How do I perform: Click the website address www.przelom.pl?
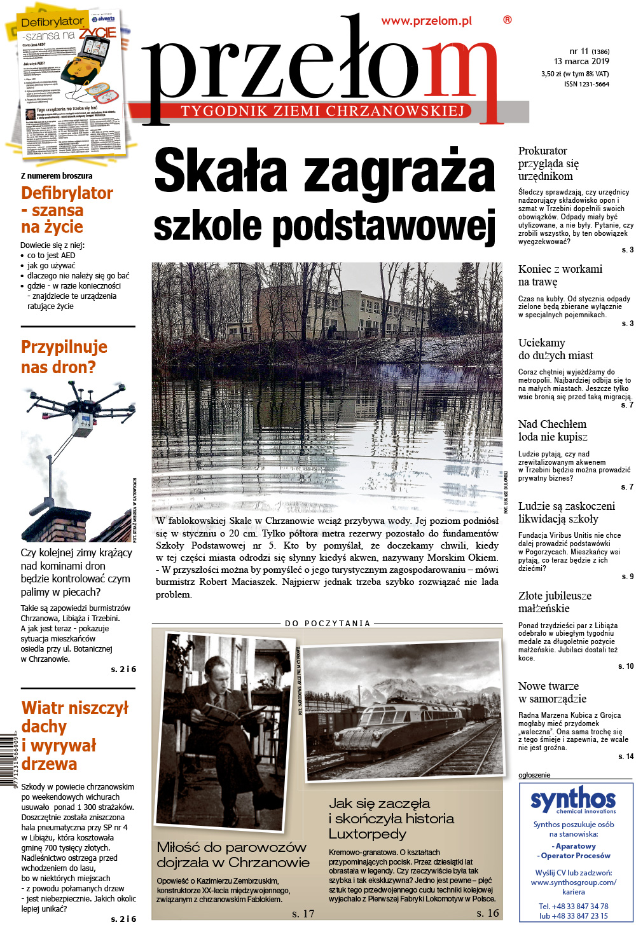426,21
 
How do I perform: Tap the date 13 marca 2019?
581,62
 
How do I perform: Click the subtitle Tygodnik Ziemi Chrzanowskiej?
322,111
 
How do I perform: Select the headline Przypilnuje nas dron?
64,357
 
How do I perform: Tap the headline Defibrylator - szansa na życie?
67,210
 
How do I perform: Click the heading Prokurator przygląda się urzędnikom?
548,163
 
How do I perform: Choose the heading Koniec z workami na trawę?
560,275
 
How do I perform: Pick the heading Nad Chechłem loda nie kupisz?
552,430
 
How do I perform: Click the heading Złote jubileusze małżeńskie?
555,602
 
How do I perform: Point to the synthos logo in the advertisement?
573,800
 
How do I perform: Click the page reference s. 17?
303,914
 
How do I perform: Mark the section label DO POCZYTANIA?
328,623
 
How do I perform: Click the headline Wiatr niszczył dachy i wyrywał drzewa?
74,736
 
